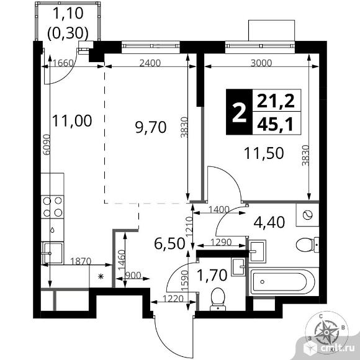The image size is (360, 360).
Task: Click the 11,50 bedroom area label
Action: [x=264, y=153]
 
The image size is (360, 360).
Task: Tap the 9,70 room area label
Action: [x=151, y=127]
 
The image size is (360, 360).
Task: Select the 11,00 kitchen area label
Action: [x=72, y=121]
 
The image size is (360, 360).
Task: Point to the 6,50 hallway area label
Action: [x=169, y=243]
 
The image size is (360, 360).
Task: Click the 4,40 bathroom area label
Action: [x=269, y=222]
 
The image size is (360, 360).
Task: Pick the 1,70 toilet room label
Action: [x=212, y=275]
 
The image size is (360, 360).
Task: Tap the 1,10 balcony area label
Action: [x=68, y=13]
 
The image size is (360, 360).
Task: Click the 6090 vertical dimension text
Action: [x=47, y=145]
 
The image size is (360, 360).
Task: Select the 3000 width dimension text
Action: [x=261, y=63]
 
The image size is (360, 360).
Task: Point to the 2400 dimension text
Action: [x=150, y=63]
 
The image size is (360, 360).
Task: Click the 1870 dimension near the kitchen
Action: [x=81, y=261]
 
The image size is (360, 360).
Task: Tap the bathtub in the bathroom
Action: [x=282, y=282]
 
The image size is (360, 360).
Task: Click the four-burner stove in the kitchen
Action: [x=53, y=207]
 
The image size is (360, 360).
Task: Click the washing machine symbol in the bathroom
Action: [x=307, y=215]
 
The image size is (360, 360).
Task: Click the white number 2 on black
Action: [x=240, y=112]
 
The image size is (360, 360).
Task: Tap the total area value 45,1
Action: [x=276, y=125]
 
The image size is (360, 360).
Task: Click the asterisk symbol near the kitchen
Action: [x=101, y=276]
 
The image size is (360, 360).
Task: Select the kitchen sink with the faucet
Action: [x=52, y=253]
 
